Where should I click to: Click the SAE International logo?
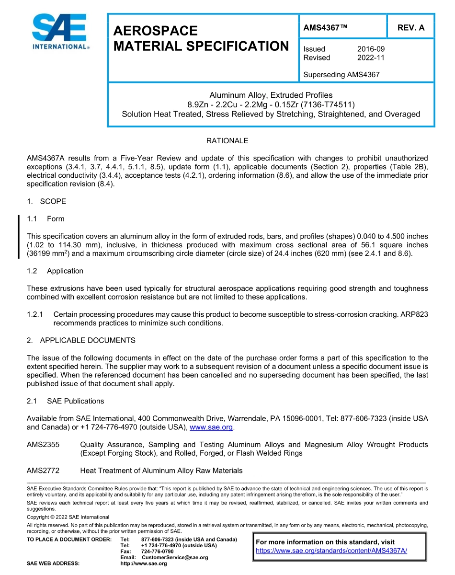[60, 32]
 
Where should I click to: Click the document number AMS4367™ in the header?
[325, 28]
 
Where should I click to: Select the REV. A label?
[410, 28]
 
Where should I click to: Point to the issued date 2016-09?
[371, 49]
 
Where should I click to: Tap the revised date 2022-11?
[371, 57]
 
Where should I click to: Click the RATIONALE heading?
[227, 141]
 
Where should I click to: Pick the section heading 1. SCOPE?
[46, 201]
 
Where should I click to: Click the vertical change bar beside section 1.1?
[19, 237]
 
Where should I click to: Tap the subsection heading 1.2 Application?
[55, 271]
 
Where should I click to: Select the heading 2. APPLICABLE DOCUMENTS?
[81, 340]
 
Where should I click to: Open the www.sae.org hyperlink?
[211, 427]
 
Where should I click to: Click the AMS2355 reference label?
[43, 445]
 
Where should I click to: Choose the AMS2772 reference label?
[43, 471]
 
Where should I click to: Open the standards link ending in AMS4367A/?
[331, 551]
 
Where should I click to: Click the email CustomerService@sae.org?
[175, 557]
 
